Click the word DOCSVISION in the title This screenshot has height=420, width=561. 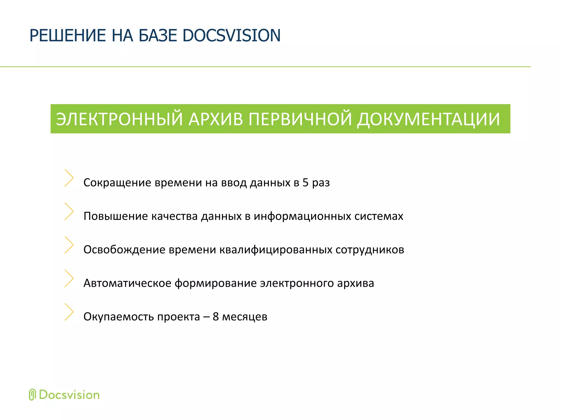tap(231, 36)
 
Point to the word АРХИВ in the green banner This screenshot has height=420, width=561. tap(216, 119)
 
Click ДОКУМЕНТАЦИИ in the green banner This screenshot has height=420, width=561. tap(429, 119)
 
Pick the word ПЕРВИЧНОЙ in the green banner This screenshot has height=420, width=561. tap(300, 119)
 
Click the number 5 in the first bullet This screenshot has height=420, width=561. tap(305, 183)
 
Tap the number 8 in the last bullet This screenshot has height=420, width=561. tap(216, 317)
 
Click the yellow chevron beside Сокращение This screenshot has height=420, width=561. tap(69, 178)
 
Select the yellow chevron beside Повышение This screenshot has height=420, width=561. tap(69, 211)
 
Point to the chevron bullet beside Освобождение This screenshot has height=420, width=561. tap(69, 245)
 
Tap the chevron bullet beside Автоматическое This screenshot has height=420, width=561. tap(69, 278)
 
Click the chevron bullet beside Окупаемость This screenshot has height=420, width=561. tap(69, 312)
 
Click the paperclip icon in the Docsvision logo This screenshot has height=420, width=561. tap(32, 395)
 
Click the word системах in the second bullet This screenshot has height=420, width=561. tap(379, 216)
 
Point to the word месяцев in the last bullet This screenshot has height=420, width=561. tap(245, 317)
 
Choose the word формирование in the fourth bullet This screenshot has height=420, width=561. tap(216, 283)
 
